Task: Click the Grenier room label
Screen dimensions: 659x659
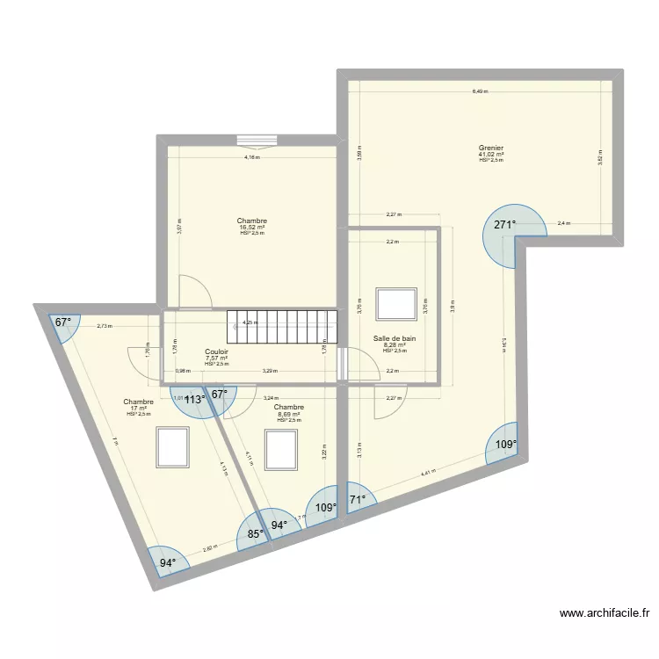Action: coord(490,148)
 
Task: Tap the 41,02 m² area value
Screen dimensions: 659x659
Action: coord(490,155)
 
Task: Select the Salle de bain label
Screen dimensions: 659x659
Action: coord(395,338)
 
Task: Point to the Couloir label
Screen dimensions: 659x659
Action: coord(216,351)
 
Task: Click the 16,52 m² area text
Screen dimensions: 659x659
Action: coord(251,228)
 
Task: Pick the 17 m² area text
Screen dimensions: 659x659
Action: coord(138,408)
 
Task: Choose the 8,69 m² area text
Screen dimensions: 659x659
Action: coord(288,414)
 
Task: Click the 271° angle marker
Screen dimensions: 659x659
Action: coord(504,225)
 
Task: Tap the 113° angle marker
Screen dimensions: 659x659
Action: coord(194,399)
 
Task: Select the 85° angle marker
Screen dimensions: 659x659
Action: coord(255,532)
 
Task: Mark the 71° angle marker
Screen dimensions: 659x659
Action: coord(358,502)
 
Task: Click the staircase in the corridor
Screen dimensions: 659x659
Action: coord(282,327)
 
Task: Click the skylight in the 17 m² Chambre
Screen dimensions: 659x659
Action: coord(172,447)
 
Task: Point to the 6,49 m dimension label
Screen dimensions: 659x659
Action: coord(479,91)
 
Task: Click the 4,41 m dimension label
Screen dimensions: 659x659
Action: coord(428,474)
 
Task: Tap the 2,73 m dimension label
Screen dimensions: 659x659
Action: coord(104,326)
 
